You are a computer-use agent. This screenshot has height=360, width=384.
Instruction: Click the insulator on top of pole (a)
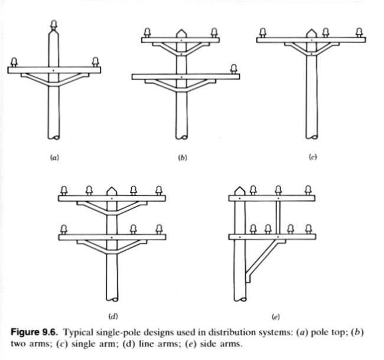54,25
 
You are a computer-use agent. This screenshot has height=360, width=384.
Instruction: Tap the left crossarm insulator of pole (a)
14,62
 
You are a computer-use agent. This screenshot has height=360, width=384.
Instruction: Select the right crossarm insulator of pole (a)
95,62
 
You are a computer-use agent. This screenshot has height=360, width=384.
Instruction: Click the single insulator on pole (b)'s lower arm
234,69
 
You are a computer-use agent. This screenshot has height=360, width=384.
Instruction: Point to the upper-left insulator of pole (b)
147,33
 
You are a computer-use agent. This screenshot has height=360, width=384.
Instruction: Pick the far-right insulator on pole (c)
359,33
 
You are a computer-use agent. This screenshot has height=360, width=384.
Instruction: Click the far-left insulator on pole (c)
263,33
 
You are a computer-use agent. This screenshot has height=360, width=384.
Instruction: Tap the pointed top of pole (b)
181,33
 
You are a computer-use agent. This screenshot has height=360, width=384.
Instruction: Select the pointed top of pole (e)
240,191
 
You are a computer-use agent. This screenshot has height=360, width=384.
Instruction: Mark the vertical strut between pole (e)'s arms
278,217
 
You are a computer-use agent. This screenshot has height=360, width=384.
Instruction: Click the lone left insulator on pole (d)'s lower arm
64,230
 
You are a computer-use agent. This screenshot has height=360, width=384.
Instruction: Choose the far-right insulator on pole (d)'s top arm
159,191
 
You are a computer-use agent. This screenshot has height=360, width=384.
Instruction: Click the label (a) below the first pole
54,158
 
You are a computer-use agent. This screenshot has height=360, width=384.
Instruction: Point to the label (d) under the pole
113,316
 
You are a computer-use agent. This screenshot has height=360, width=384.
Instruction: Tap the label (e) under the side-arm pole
275,317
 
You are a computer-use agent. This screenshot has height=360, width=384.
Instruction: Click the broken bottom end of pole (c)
312,137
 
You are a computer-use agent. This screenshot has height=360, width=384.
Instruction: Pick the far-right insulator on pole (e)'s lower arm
308,230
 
